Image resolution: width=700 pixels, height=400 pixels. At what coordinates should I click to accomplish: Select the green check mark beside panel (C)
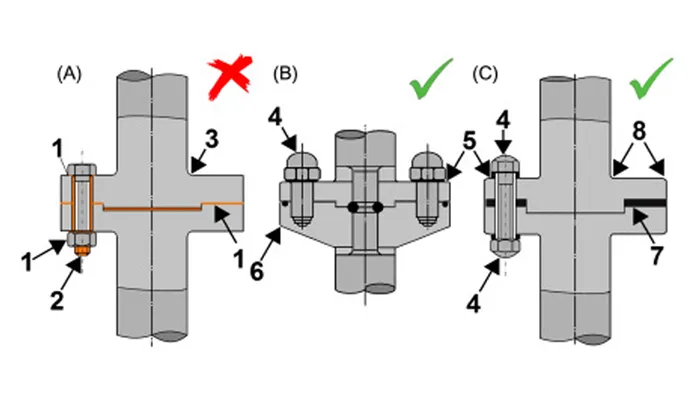tap(650, 79)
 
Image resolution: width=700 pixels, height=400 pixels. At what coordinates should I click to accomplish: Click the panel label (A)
tap(69, 74)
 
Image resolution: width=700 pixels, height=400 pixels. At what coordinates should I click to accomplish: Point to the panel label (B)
tap(285, 74)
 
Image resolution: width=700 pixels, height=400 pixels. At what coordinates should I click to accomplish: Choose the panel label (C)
tap(485, 74)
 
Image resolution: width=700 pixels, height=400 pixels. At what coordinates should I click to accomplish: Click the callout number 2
tap(57, 301)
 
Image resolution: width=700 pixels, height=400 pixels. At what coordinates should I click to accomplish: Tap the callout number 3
tap(212, 139)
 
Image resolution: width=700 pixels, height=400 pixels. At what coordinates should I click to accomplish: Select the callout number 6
tap(257, 271)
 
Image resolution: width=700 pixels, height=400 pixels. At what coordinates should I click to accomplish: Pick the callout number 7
tap(655, 255)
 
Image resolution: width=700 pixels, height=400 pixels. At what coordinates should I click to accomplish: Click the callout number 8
tap(639, 131)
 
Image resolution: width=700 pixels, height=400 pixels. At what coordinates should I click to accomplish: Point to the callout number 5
tap(469, 142)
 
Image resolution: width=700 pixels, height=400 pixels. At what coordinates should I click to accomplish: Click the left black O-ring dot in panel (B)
tap(353, 207)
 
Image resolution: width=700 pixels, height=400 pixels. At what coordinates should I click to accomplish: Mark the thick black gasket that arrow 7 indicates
tap(645, 203)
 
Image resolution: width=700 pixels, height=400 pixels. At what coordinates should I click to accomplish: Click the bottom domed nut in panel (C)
tap(505, 248)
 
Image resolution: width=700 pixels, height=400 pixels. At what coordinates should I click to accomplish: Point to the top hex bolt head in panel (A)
tap(82, 170)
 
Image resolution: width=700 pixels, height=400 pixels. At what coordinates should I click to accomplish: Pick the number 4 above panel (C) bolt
tap(503, 121)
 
